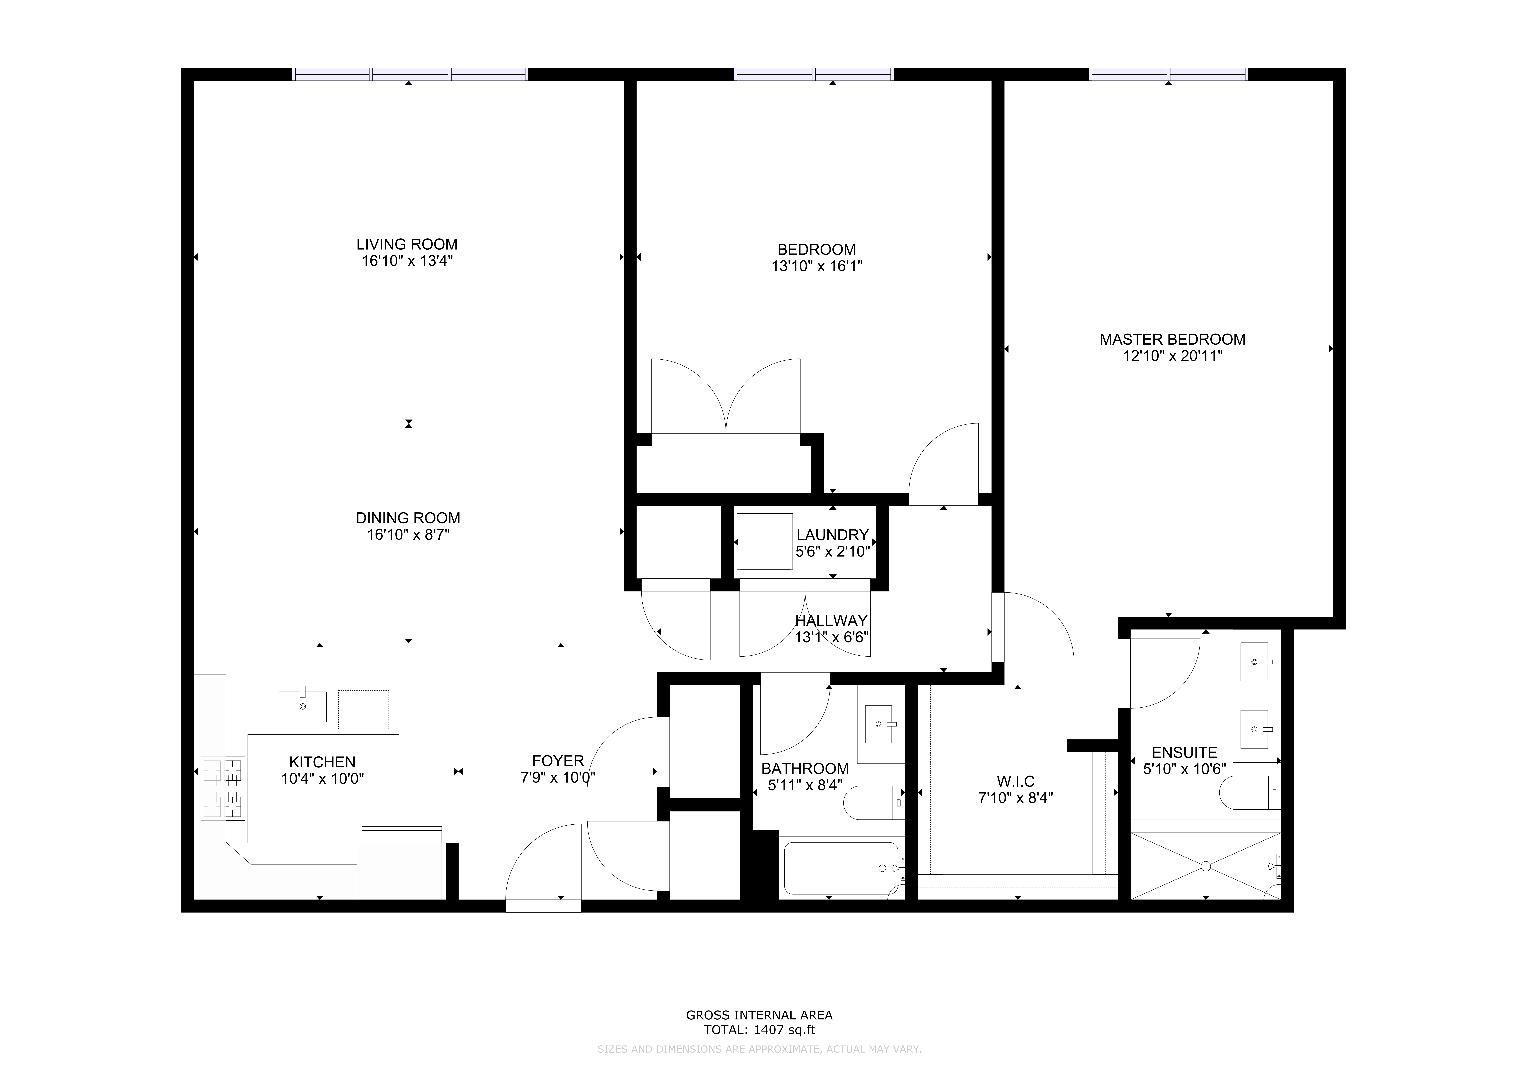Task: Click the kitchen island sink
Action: click(302, 706)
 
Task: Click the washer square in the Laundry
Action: click(764, 541)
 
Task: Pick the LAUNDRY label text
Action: click(832, 535)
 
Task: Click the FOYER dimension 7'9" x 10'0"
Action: click(558, 778)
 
